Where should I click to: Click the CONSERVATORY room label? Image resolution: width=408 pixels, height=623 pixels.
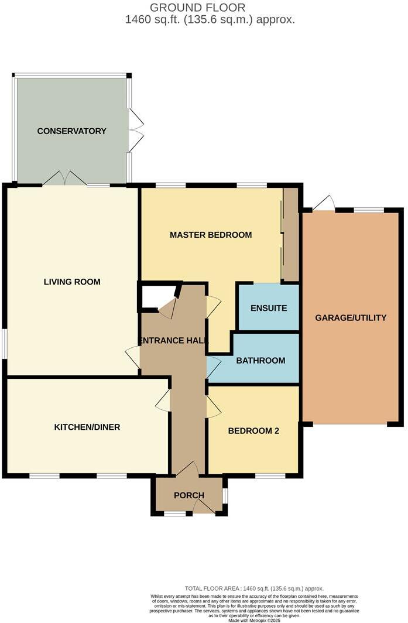point(71,131)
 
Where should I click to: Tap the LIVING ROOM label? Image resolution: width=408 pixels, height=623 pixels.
point(72,282)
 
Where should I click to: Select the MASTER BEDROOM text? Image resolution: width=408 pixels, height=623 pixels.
point(211,235)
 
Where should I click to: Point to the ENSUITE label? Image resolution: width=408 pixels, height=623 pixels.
point(268,308)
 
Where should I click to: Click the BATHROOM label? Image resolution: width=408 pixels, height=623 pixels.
point(260,360)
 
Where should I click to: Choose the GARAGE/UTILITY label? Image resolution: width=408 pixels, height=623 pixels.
point(351,318)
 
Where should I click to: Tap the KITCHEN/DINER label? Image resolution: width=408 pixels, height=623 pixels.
point(87,427)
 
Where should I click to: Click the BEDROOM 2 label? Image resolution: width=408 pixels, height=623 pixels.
point(253,431)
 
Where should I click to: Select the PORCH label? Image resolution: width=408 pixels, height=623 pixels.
point(189,495)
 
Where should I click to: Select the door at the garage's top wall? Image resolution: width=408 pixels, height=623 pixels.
point(324,204)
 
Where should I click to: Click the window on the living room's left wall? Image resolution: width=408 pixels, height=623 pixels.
point(4,343)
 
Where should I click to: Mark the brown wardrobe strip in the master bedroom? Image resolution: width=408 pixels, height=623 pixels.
point(290,235)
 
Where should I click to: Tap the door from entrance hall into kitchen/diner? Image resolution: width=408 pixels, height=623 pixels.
point(163,400)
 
